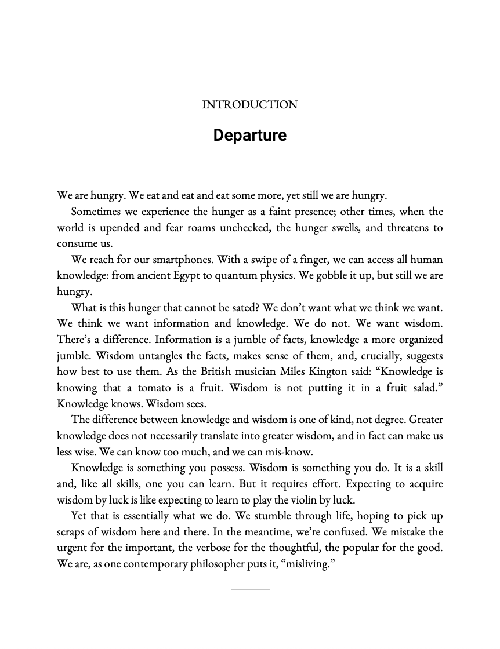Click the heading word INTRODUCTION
tap(249, 105)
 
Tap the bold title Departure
tap(249, 135)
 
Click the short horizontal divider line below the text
tap(250, 590)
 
